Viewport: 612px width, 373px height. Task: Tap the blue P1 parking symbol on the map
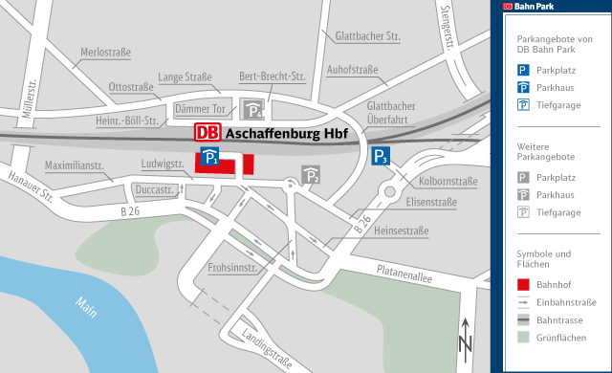click(211, 158)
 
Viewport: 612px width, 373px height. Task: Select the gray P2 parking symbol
click(311, 174)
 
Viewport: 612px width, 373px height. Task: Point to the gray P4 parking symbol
click(251, 109)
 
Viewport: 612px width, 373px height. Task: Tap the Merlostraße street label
click(106, 52)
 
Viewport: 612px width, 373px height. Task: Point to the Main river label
click(88, 310)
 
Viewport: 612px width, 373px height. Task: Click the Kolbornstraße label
click(448, 181)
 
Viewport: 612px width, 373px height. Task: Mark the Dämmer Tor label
click(200, 109)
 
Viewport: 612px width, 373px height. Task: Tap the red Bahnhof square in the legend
click(523, 284)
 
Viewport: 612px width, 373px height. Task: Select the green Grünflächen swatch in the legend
click(523, 337)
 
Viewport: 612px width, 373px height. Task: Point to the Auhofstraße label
click(353, 70)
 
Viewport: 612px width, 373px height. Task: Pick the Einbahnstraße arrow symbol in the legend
click(523, 301)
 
